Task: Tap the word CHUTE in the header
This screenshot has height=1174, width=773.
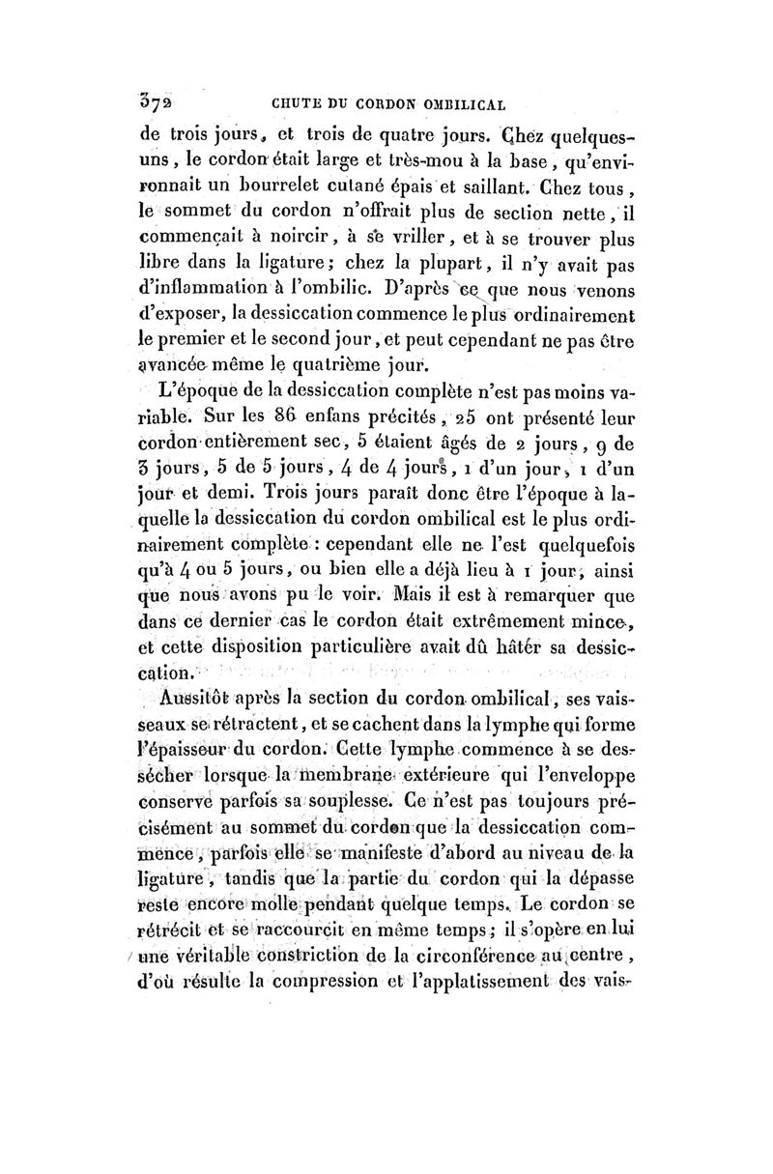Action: pyautogui.click(x=285, y=102)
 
